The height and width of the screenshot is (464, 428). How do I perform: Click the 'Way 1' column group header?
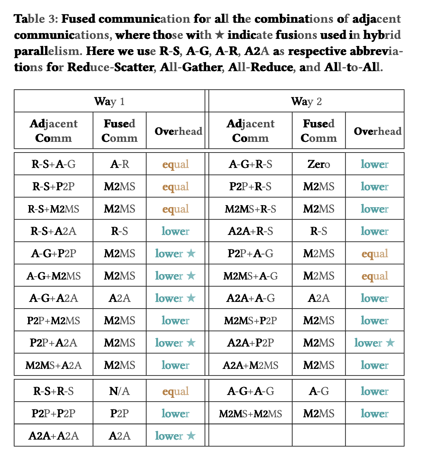tap(109, 101)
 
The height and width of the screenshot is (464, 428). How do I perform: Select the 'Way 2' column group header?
tap(306, 101)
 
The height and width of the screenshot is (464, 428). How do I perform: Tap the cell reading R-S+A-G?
tap(53, 164)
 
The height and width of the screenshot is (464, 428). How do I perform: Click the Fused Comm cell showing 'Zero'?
tap(318, 164)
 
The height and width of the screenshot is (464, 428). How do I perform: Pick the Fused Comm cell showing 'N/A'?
tap(119, 391)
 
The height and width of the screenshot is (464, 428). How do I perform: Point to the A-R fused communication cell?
tap(119, 164)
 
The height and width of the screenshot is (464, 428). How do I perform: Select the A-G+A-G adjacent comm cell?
tap(250, 391)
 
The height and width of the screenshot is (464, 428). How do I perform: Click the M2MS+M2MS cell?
tap(250, 413)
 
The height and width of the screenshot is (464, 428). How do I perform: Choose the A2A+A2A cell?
tap(53, 435)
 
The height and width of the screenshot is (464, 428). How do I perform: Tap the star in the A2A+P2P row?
tap(390, 343)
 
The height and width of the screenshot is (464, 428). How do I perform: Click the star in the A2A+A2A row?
tap(190, 435)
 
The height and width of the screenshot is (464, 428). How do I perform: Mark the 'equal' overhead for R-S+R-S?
tap(176, 391)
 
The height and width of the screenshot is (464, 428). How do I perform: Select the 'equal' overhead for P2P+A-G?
tap(375, 254)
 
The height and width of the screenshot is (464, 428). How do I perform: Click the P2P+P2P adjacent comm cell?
tap(53, 413)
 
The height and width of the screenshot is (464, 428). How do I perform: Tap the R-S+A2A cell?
tap(53, 231)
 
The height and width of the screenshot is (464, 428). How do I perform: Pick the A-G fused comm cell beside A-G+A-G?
tap(318, 391)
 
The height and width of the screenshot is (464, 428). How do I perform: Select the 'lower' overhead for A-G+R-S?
tap(375, 164)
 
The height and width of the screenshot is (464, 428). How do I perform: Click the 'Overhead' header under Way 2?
tap(377, 131)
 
